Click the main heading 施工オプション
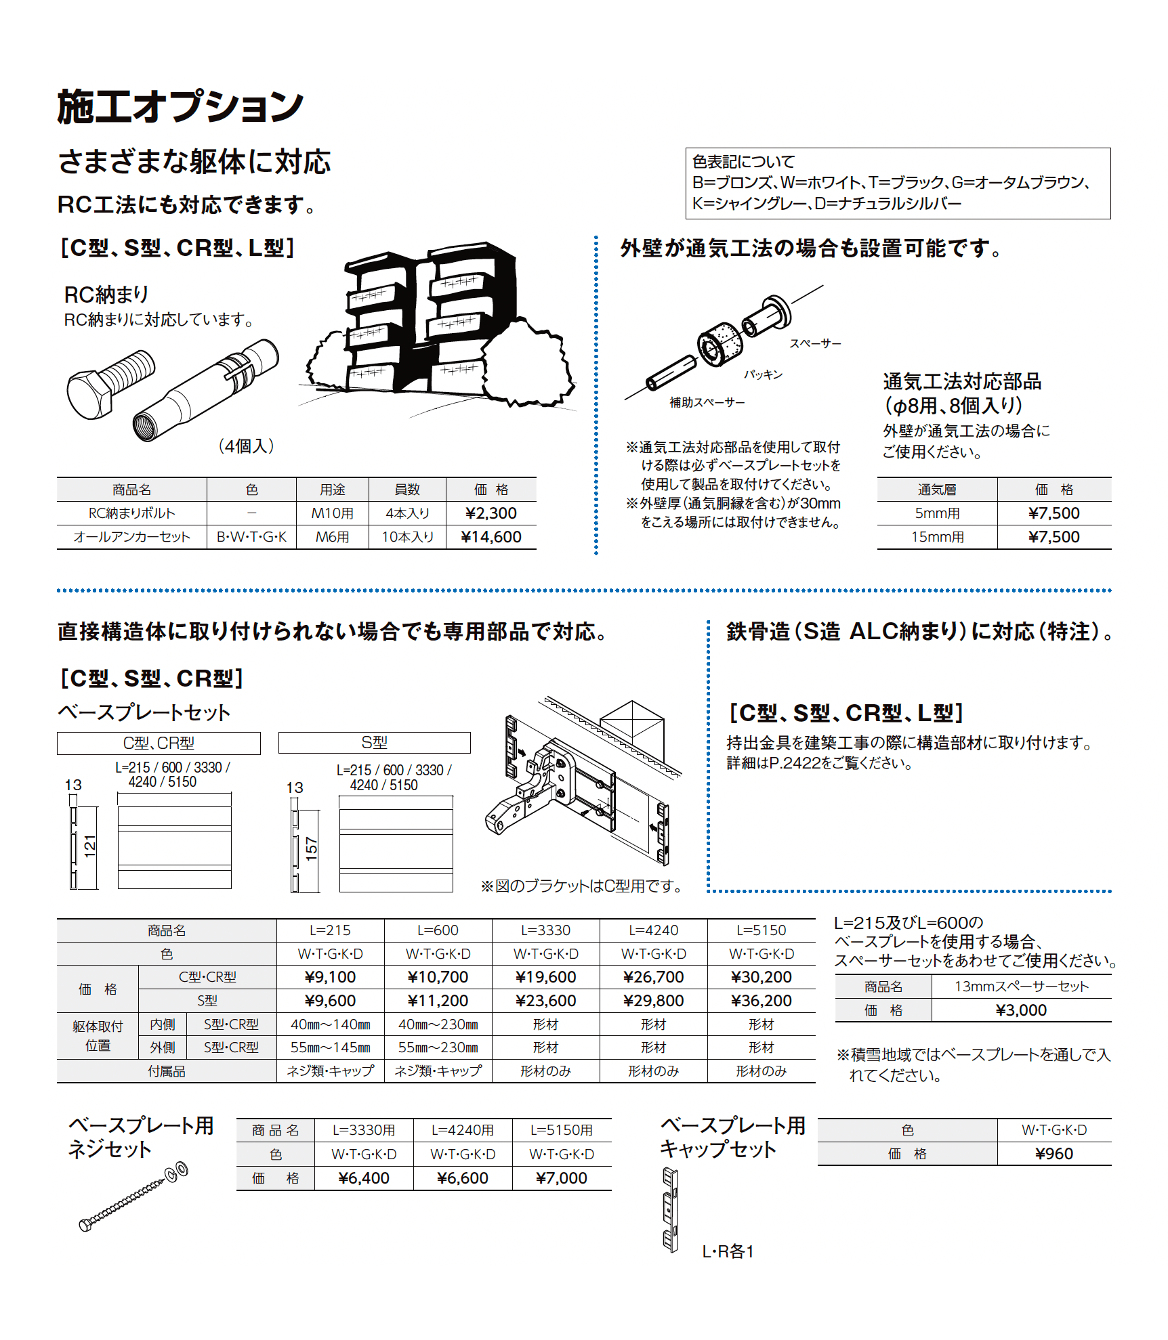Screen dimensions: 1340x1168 pyautogui.click(x=180, y=107)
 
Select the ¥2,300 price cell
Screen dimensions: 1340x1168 pyautogui.click(x=491, y=513)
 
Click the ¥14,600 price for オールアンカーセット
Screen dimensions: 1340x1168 pyautogui.click(x=491, y=537)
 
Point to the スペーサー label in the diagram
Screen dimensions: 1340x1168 pyautogui.click(x=815, y=344)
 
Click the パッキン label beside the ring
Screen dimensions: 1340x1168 pyautogui.click(x=763, y=374)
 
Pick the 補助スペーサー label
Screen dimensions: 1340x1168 pyautogui.click(x=707, y=402)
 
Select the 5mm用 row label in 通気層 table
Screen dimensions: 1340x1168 pyautogui.click(x=937, y=513)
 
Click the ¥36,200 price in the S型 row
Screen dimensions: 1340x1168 pyautogui.click(x=761, y=1001)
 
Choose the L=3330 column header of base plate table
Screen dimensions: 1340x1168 pyautogui.click(x=545, y=930)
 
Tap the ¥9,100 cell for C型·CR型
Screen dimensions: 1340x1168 pyautogui.click(x=330, y=977)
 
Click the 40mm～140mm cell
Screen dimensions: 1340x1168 pyautogui.click(x=330, y=1024)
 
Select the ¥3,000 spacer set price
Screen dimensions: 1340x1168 pyautogui.click(x=1021, y=1010)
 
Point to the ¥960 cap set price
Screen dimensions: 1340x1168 pyautogui.click(x=1054, y=1154)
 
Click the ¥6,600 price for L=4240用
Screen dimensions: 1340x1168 pyautogui.click(x=462, y=1178)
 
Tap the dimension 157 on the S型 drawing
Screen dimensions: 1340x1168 pyautogui.click(x=311, y=848)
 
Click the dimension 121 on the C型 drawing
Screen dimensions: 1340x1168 pyautogui.click(x=89, y=846)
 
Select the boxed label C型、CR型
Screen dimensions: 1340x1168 pyautogui.click(x=159, y=743)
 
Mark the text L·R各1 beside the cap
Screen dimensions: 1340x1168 pyautogui.click(x=728, y=1251)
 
